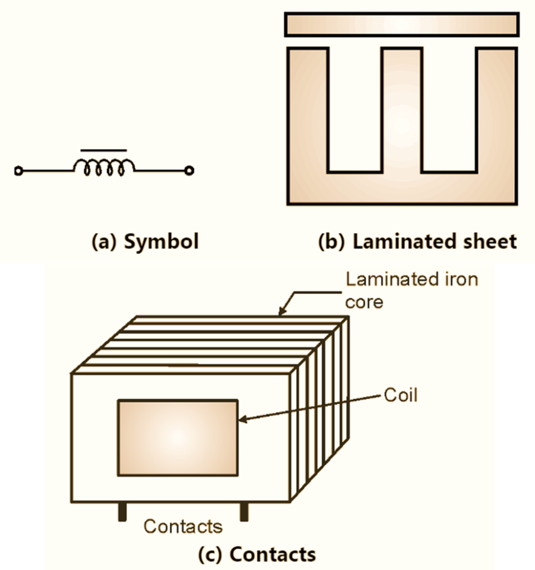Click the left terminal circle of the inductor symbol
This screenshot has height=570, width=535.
[18, 171]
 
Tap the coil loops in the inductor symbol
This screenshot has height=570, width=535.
[104, 168]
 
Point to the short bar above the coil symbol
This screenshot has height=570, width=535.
[104, 150]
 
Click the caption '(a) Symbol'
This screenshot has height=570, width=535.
[145, 242]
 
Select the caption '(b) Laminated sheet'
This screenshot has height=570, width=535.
[417, 242]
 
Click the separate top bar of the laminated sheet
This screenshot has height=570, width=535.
[401, 25]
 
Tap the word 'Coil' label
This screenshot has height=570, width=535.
[400, 396]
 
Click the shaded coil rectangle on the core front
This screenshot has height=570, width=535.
[178, 438]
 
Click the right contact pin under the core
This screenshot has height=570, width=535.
[244, 512]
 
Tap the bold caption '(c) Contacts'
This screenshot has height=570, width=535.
[257, 554]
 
